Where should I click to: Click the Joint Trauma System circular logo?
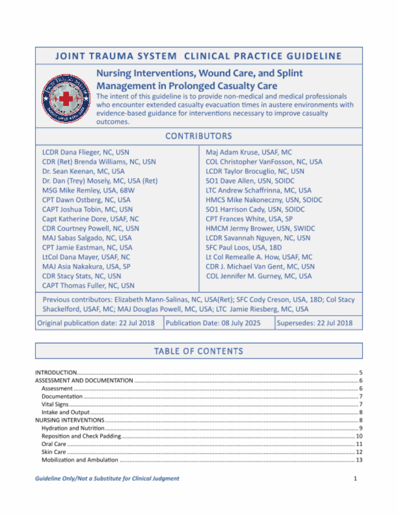coord(66,98)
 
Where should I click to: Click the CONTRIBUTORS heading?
coord(199,136)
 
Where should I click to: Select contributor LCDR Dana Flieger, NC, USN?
coord(86,152)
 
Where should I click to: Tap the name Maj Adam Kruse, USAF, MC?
coord(249,152)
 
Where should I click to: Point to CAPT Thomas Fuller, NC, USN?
coord(88,286)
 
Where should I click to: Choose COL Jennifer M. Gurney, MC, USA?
coord(258,276)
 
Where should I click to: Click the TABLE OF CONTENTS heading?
coord(199,351)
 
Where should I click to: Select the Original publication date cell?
coord(96,323)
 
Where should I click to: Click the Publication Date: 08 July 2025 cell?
coord(213,323)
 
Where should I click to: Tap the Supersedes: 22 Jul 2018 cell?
coord(314,323)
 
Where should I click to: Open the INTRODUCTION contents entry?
coord(56,372)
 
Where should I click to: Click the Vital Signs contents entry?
coord(55,404)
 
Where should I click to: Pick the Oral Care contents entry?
coord(54,444)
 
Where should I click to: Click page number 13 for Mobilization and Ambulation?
coord(359,460)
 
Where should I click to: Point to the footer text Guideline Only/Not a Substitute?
coord(107,478)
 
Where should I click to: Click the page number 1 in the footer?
coord(355,478)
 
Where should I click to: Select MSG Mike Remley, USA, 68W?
coord(88,190)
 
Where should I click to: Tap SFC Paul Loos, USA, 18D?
coord(244,248)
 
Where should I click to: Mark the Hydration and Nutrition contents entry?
coord(73,428)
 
